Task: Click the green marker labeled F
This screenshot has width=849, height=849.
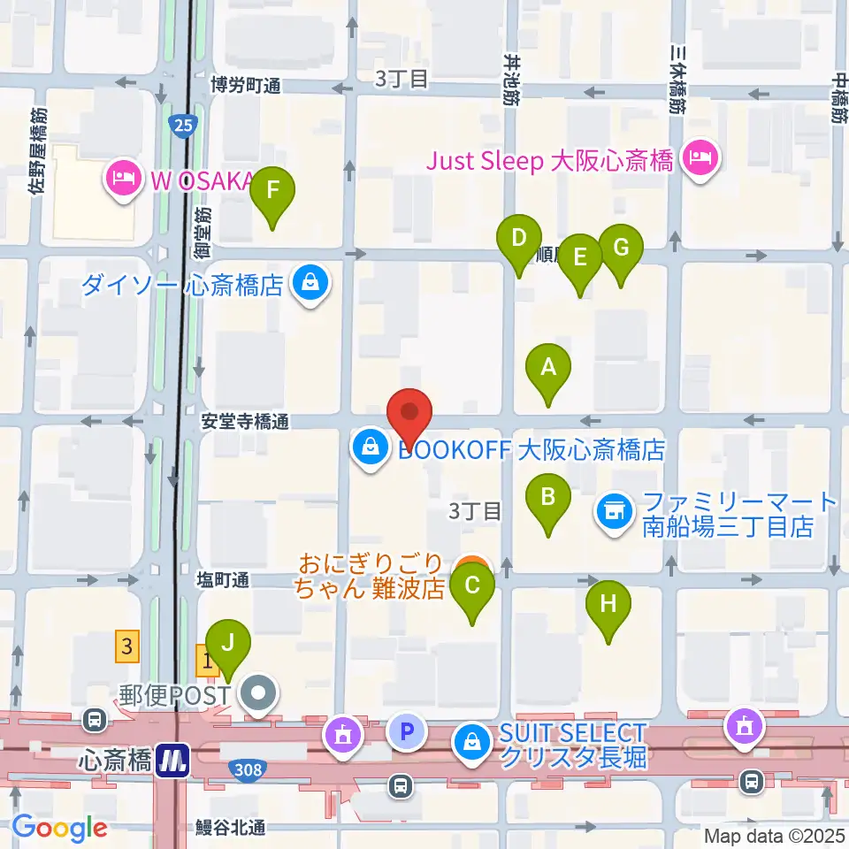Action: (272, 191)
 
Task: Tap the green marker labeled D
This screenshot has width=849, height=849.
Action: (519, 239)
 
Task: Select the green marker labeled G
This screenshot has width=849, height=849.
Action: (621, 249)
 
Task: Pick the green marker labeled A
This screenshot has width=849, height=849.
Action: (548, 367)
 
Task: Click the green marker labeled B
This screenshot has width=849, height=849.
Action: (548, 498)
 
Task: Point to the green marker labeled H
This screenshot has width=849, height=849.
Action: (608, 606)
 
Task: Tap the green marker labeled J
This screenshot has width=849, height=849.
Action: (228, 643)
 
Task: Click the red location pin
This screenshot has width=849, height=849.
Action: (409, 413)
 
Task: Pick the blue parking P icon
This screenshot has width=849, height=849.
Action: (407, 732)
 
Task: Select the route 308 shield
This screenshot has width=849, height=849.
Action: (249, 770)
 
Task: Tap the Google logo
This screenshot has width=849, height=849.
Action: (60, 828)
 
